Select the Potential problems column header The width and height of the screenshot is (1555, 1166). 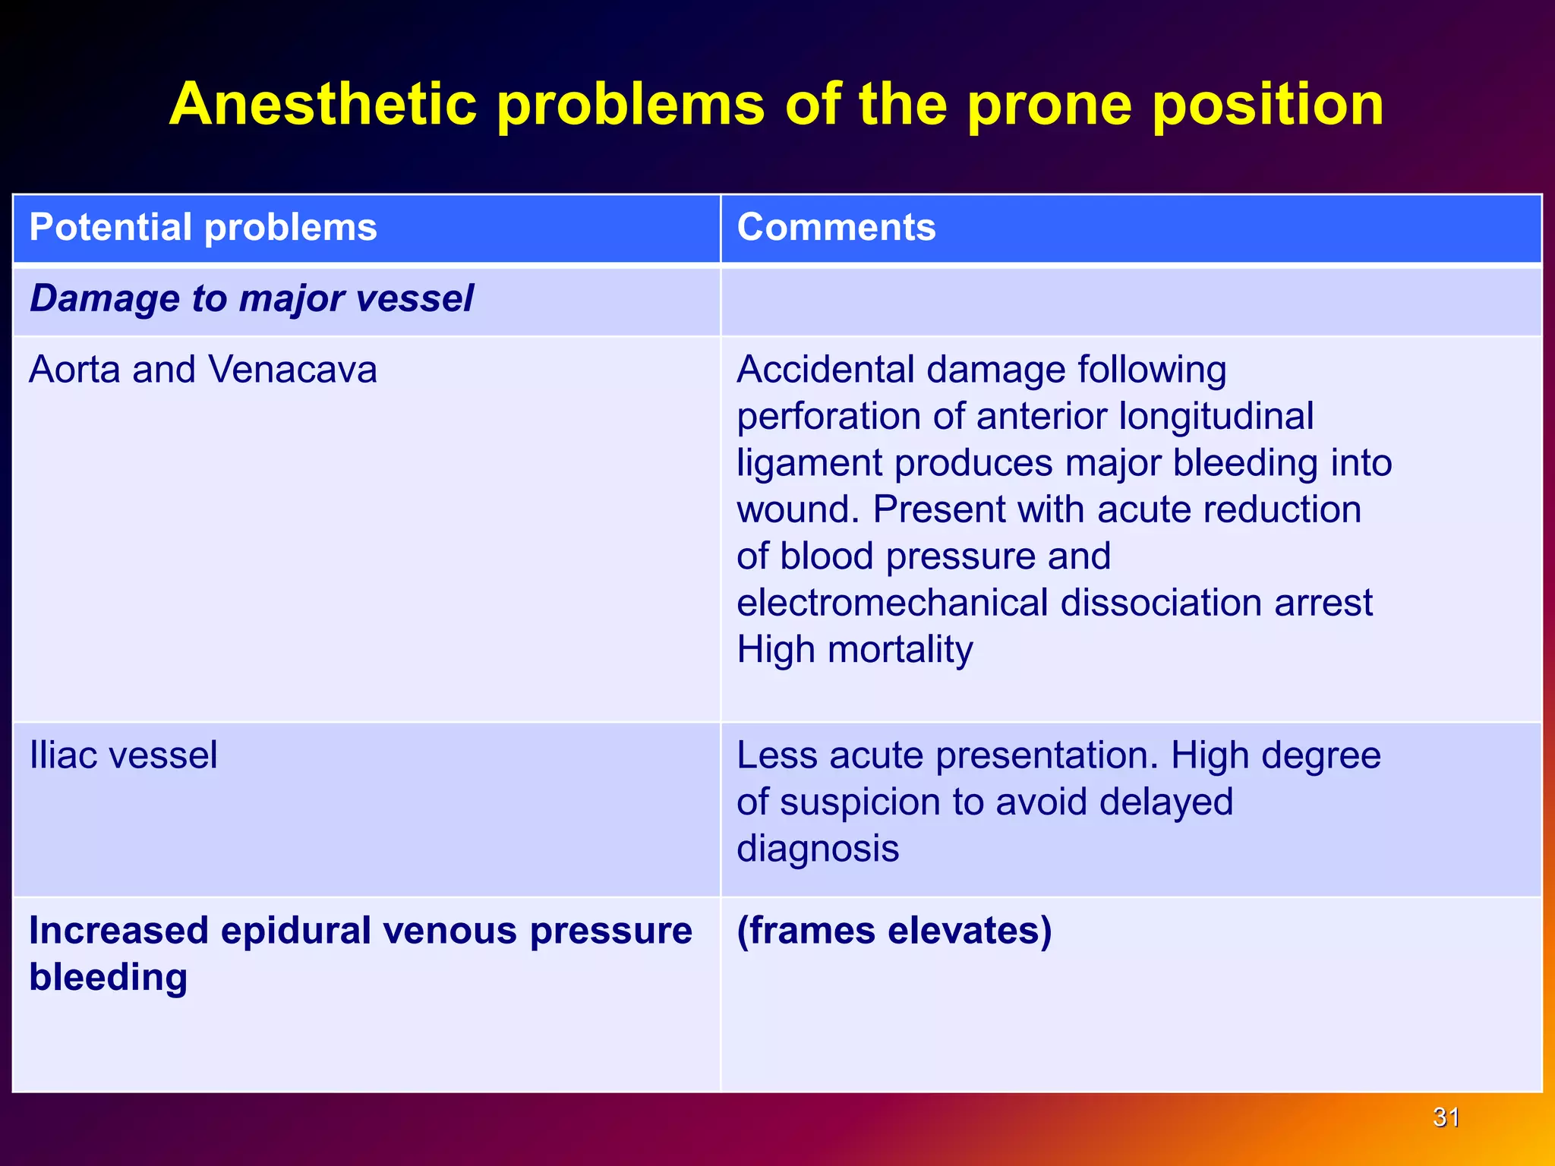(203, 227)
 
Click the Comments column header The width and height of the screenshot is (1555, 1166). (836, 227)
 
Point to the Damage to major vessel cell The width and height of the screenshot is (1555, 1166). (251, 298)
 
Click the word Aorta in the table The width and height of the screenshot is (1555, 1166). (74, 370)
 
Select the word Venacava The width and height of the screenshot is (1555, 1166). (292, 370)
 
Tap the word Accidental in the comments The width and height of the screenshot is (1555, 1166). (825, 370)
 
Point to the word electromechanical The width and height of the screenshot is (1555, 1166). (891, 603)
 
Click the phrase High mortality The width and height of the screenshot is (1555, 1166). (854, 650)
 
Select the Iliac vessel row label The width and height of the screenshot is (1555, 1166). (123, 755)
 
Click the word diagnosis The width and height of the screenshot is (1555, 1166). (818, 848)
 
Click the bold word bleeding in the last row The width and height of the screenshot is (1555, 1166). (108, 977)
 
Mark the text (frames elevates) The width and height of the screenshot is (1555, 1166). (894, 931)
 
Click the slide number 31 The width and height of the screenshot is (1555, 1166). (1446, 1117)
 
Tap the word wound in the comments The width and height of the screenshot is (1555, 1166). (796, 509)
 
